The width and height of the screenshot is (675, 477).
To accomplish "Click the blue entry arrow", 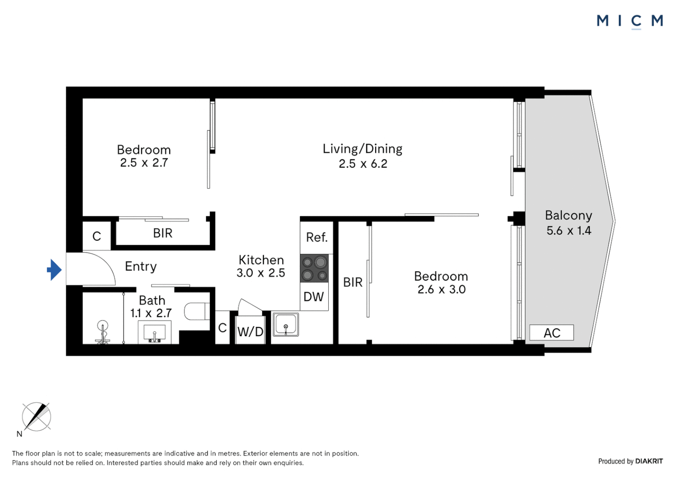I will click(54, 269).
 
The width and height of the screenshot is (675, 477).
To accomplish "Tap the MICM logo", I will click(629, 21).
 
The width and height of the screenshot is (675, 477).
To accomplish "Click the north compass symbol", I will click(36, 416).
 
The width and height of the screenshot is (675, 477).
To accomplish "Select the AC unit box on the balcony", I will click(551, 333).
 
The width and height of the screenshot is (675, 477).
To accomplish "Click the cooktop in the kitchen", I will click(315, 269).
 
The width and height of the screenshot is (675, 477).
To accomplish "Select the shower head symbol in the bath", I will click(103, 329).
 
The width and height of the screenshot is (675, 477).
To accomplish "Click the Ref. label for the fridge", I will click(317, 238).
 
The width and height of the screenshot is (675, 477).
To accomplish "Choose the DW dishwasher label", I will click(314, 297).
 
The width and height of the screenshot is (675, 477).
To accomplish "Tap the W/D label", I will click(250, 332).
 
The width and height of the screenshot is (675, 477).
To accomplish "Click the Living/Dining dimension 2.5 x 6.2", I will click(363, 164).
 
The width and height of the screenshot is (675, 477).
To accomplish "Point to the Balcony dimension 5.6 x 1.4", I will click(569, 231).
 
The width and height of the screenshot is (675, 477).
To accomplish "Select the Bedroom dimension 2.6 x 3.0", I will click(441, 289).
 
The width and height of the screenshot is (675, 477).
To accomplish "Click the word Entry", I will click(140, 266).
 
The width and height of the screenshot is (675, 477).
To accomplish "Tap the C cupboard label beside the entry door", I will click(97, 236).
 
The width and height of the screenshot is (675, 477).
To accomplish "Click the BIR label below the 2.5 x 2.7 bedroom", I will click(163, 233).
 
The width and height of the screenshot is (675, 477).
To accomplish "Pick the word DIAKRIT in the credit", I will click(649, 461).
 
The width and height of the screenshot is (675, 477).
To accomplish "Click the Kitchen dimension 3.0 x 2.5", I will click(261, 273).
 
